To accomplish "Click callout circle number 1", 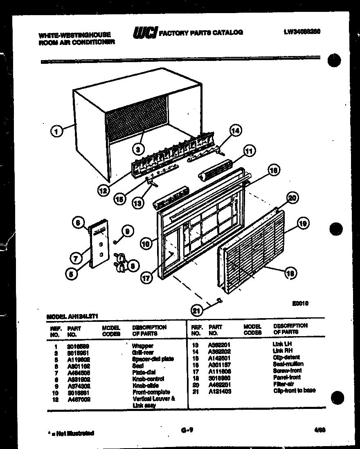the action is coord(57,131).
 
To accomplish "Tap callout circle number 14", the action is coord(235,131).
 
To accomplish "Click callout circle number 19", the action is coord(302,224).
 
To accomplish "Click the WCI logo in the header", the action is coord(144,33).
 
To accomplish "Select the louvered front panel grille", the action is coord(254,254).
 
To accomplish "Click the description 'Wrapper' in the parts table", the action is coord(143,346).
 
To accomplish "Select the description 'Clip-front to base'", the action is coord(294,391).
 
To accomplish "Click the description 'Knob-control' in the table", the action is coord(148,379).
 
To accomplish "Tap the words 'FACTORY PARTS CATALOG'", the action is coord(200,32).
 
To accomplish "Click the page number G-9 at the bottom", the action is coord(186,430).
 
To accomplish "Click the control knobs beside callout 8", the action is coord(120,262).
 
